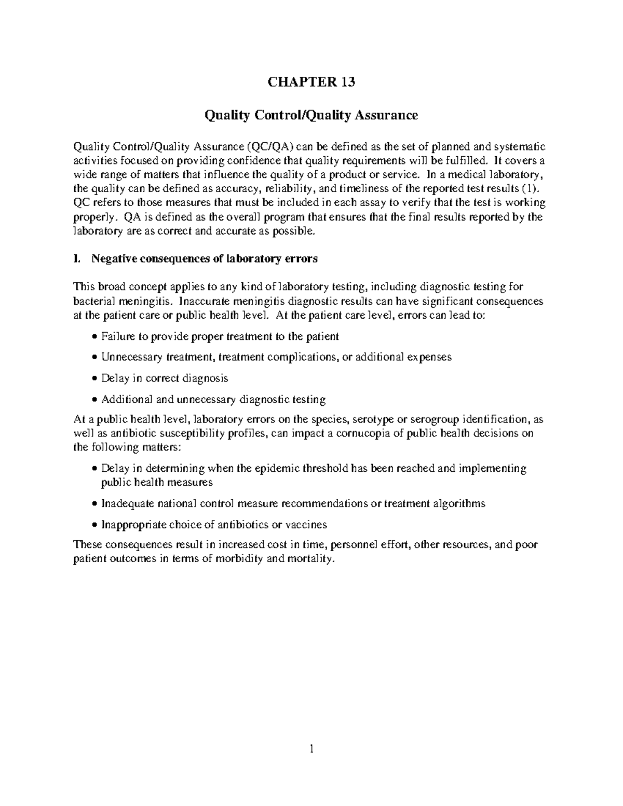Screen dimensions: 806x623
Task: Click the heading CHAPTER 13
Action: (x=311, y=82)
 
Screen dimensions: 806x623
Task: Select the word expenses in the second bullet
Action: (x=429, y=357)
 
